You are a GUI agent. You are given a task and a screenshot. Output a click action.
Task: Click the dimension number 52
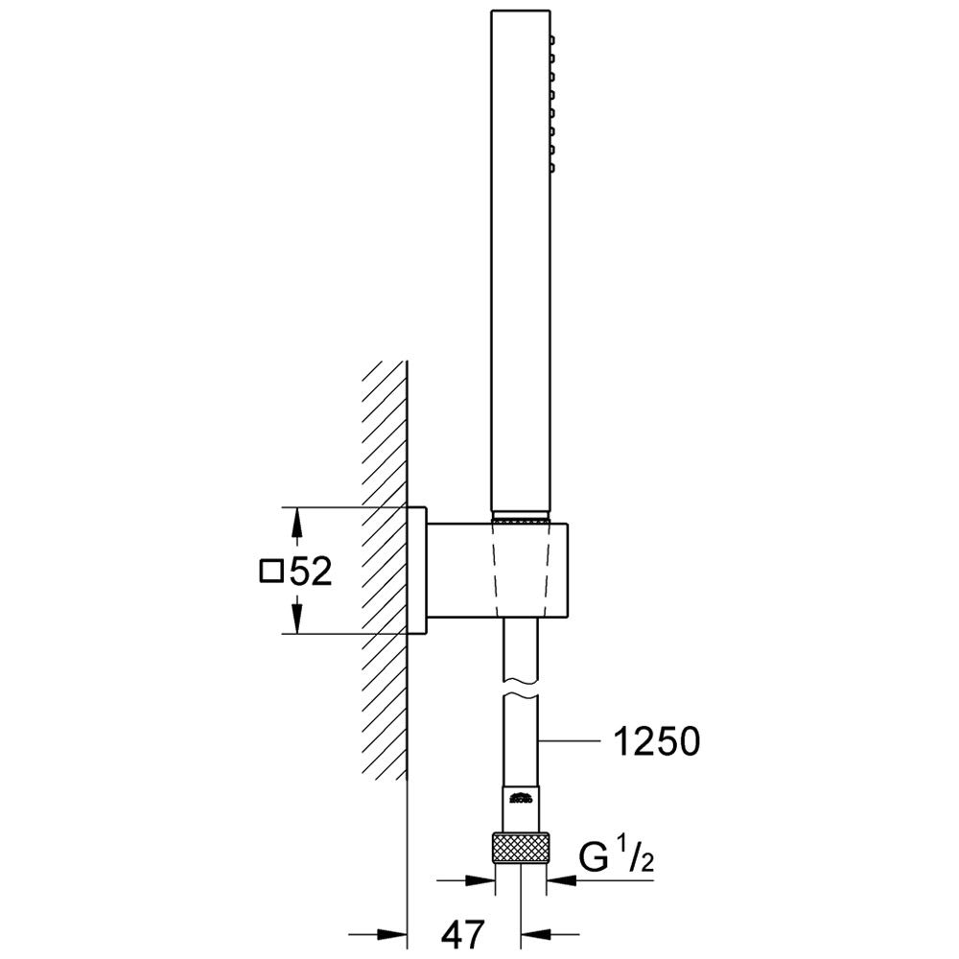tap(311, 573)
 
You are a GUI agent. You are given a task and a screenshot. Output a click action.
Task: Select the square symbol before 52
tap(272, 573)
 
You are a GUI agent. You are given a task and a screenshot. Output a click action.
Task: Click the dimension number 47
tap(463, 931)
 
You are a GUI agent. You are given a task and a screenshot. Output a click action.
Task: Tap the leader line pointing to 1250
tap(575, 740)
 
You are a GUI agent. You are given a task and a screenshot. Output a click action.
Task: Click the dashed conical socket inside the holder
tap(519, 570)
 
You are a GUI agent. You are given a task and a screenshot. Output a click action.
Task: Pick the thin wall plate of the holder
tap(417, 570)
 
